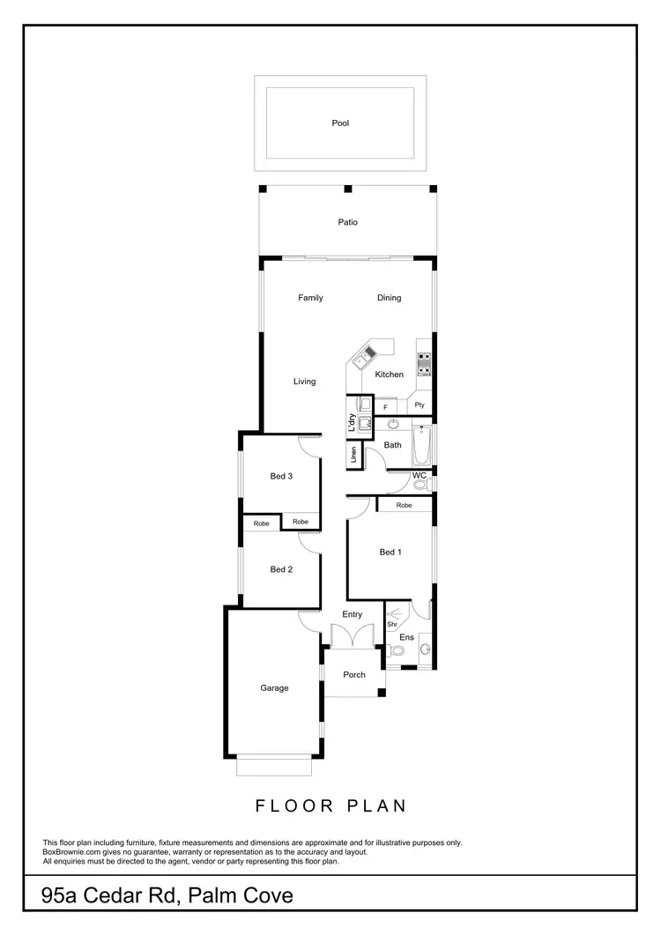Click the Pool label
[x=340, y=123]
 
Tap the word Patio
[x=348, y=223]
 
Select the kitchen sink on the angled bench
[x=363, y=357]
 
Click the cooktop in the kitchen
[x=424, y=364]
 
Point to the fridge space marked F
[x=385, y=407]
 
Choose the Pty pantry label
[x=420, y=405]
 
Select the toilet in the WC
[x=420, y=484]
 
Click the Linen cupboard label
[x=353, y=456]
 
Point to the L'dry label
[x=351, y=423]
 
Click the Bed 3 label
[x=281, y=477]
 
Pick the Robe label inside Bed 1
[x=404, y=506]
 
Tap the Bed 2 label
[x=281, y=569]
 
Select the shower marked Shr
[x=393, y=620]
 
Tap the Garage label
[x=274, y=688]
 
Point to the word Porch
[x=354, y=675]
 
